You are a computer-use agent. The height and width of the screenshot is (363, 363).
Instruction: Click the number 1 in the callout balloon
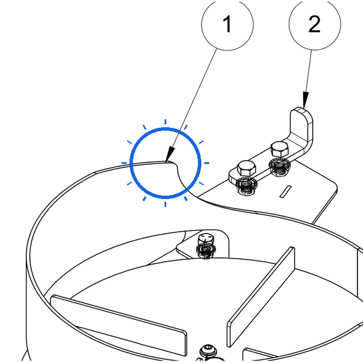(227, 24)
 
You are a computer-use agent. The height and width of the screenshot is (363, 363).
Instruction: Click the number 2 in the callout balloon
(314, 24)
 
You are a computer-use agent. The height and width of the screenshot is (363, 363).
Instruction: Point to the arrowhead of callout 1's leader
(170, 154)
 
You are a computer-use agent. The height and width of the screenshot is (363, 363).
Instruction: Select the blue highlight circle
(165, 128)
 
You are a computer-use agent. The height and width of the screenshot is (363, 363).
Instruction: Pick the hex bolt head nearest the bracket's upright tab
(280, 149)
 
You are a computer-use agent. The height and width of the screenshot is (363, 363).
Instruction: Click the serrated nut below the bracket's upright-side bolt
(279, 166)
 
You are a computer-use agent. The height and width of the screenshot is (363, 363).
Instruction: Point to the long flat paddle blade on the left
(118, 325)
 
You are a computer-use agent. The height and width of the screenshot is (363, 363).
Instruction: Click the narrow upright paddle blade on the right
(261, 297)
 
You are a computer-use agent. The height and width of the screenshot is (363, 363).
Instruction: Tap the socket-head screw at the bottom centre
(208, 350)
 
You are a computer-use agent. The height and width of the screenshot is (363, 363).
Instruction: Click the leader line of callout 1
(191, 106)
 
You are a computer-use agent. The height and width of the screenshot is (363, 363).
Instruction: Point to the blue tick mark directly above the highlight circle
(165, 122)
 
